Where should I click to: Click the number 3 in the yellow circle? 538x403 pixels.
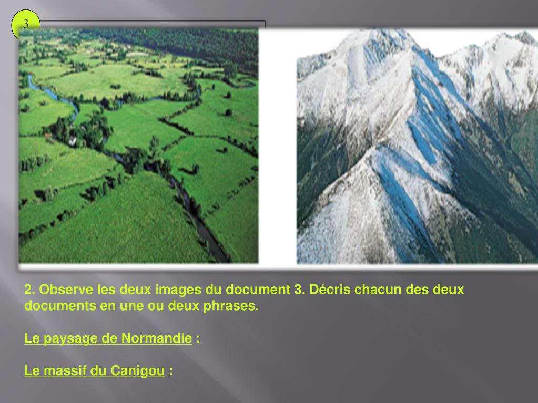coord(25,24)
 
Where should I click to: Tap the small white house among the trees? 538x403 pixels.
coord(72,140)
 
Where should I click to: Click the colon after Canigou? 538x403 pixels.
coord(171,371)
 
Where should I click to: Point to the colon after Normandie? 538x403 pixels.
coord(198,339)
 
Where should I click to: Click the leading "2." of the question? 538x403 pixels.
coord(30,290)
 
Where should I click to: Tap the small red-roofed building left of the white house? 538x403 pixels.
coord(49,135)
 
